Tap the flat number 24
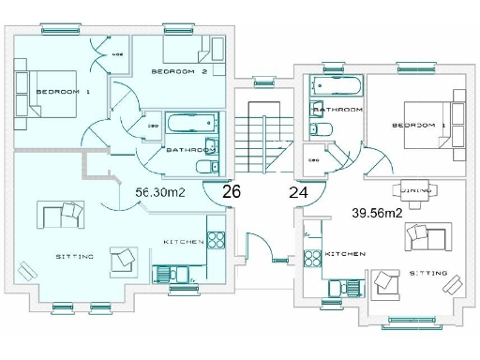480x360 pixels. [x=298, y=193]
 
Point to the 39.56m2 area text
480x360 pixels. [x=377, y=214]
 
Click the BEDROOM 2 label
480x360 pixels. [x=179, y=71]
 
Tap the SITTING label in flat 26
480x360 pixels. [x=74, y=256]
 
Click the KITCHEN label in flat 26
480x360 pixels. [x=184, y=242]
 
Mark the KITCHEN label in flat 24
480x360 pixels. [x=344, y=255]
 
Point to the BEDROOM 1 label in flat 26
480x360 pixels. [x=63, y=92]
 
